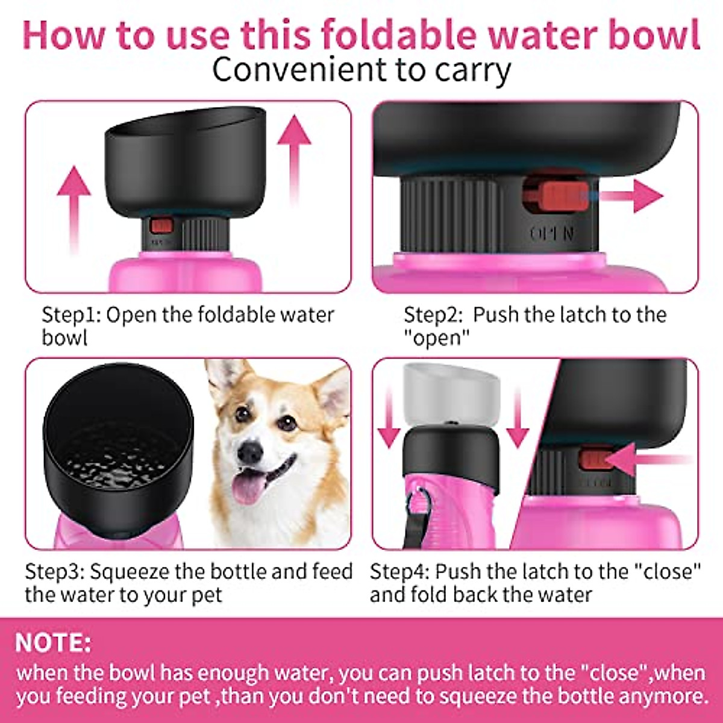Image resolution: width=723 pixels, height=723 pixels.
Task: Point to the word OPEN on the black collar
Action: (x=552, y=234)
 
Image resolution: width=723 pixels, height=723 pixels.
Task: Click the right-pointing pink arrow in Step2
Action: (x=633, y=196)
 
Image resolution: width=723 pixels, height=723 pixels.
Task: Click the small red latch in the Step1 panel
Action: (x=161, y=227)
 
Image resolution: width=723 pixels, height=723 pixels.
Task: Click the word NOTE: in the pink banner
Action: (x=54, y=643)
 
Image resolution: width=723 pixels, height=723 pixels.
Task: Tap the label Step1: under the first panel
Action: (x=70, y=315)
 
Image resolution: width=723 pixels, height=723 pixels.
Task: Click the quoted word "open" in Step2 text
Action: (x=436, y=338)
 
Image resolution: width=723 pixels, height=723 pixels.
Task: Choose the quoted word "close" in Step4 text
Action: (x=671, y=571)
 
